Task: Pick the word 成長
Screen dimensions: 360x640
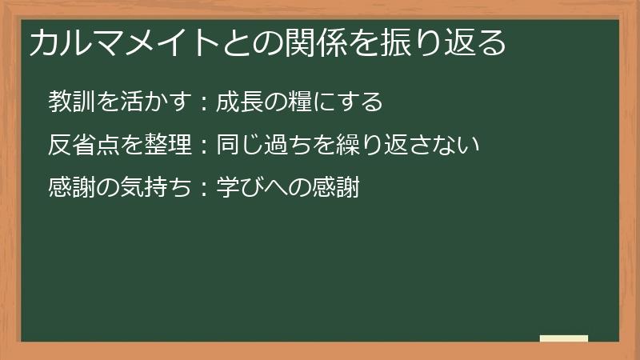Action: (238, 102)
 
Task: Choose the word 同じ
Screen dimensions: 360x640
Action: (238, 145)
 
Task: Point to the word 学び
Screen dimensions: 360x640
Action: (238, 188)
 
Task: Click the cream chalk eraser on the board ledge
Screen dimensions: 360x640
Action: (564, 338)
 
